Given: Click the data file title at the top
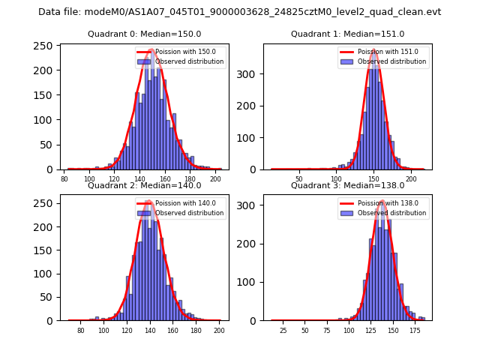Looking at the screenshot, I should tap(240, 12).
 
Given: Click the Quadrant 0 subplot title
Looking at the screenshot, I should tap(145, 34).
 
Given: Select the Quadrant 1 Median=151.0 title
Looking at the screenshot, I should tap(347, 34).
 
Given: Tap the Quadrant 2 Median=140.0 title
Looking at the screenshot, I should tap(145, 185).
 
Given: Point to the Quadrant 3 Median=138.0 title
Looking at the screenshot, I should tap(347, 185).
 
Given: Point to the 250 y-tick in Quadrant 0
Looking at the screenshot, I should tap(46, 46).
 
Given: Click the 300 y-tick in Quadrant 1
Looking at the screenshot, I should tap(249, 76).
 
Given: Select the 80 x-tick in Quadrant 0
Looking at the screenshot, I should tap(64, 180).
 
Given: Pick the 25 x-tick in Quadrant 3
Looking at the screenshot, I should tap(283, 331).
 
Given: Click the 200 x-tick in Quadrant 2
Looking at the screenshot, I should tap(218, 331).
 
